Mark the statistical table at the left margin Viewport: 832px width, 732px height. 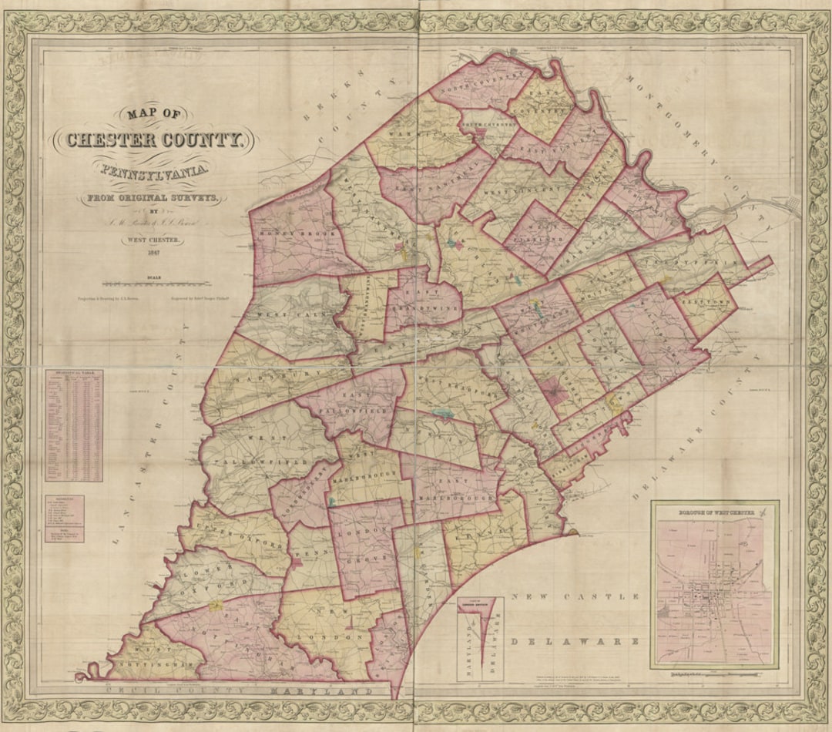point(74,425)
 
